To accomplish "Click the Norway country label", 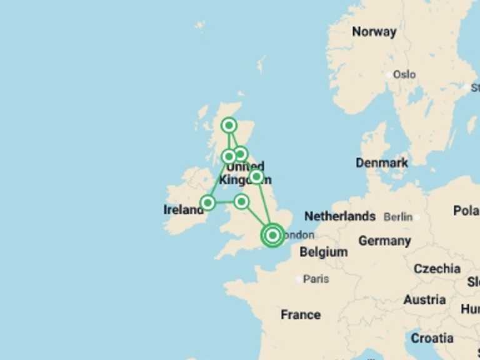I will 374,32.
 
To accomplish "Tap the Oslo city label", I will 404,74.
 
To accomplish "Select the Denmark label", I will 382,162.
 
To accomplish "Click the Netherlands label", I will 340,216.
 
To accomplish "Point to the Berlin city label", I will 398,217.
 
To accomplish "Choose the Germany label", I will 384,241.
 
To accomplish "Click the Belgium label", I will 323,252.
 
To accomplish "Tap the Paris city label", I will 316,279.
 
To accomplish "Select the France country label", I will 301,314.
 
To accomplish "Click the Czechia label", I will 437,269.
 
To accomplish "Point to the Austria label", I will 424,300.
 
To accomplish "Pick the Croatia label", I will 432,338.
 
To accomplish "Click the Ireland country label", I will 183,210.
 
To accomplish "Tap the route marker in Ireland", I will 208,202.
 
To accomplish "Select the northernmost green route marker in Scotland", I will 229,126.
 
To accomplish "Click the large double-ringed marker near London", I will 272,235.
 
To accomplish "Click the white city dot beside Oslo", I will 389,74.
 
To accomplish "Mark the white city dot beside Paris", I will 299,279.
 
